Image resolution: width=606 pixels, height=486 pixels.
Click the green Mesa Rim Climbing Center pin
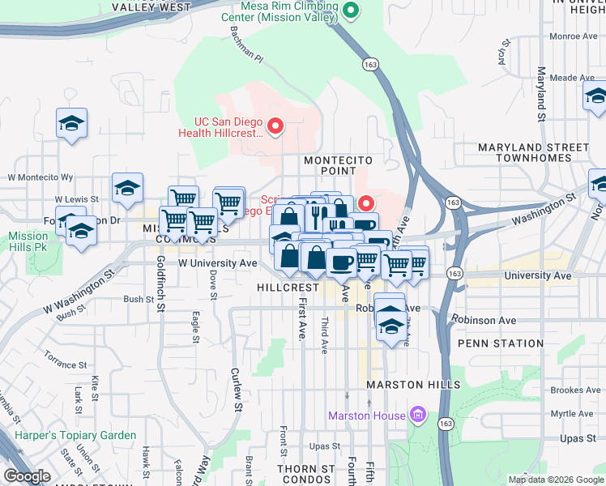tap(351, 11)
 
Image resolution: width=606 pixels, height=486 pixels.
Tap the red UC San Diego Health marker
tap(275, 126)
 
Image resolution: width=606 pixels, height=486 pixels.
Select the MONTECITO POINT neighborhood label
tap(330, 165)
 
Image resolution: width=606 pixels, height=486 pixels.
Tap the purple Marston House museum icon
tap(418, 416)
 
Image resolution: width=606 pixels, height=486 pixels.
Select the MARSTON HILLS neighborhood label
tap(413, 385)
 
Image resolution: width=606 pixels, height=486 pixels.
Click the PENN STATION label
tap(500, 343)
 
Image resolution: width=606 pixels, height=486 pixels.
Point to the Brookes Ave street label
tap(575, 390)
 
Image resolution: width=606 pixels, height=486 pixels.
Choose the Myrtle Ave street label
tap(577, 413)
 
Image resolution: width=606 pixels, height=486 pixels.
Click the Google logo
tap(27, 476)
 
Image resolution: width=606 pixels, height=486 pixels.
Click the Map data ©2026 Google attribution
tap(555, 480)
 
